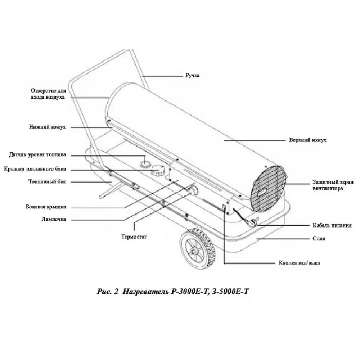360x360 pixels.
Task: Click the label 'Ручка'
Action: [192, 76]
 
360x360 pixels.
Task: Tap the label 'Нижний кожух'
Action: [48, 127]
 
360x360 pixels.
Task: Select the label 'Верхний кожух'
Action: [307, 140]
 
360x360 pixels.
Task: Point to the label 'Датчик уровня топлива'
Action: [37, 155]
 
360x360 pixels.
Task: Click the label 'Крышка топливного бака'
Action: [35, 169]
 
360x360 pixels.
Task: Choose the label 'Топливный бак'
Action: [47, 182]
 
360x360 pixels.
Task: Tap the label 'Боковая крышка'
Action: [46, 207]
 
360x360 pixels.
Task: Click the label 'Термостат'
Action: [134, 237]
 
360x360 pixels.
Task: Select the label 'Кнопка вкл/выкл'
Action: [299, 263]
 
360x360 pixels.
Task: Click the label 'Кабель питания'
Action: [332, 226]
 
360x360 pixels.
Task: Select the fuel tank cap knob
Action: [158, 170]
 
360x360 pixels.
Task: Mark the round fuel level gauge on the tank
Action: [145, 163]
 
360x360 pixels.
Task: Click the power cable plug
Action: [254, 222]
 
